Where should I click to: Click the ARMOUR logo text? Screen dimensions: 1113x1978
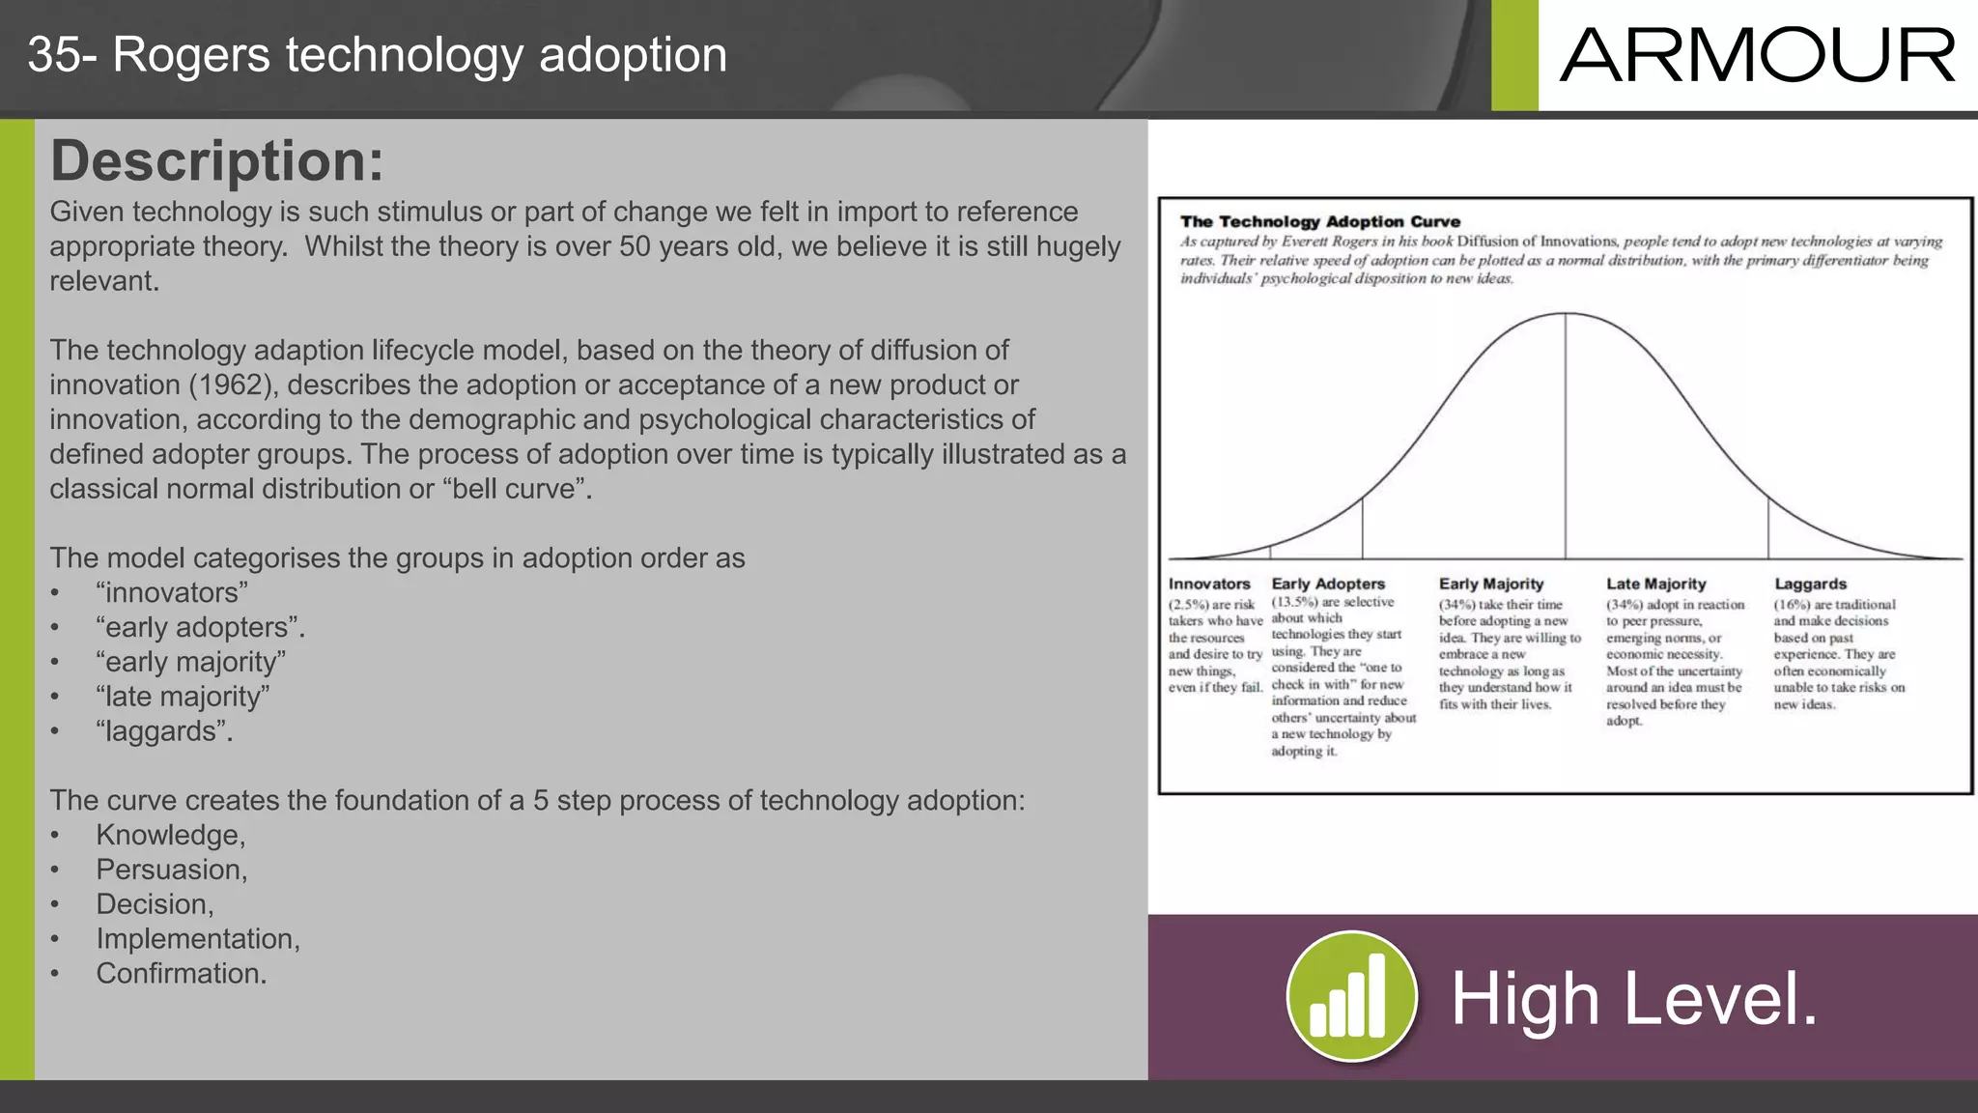click(x=1757, y=56)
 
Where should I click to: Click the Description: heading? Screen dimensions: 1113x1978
click(x=216, y=160)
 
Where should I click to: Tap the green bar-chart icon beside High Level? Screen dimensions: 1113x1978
click(x=1351, y=996)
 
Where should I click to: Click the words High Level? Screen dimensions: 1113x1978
click(x=1634, y=999)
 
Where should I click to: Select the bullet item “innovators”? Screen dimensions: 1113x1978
click(x=172, y=592)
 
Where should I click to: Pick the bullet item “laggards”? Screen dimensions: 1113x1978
click(x=164, y=731)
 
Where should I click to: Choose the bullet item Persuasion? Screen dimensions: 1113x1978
click(x=172, y=870)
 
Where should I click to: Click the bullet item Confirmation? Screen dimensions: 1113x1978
click(x=182, y=973)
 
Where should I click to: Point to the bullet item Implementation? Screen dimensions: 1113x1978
click(x=198, y=938)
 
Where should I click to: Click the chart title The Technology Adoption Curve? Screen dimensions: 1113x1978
click(x=1319, y=221)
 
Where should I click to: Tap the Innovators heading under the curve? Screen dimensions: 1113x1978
click(x=1209, y=584)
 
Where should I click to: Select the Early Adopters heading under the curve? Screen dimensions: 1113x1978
click(x=1328, y=584)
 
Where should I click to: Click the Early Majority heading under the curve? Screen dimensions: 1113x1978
click(x=1491, y=584)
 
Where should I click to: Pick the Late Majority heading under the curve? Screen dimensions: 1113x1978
click(x=1656, y=584)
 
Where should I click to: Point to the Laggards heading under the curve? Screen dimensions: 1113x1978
click(x=1810, y=584)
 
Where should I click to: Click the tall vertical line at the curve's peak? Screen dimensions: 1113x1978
click(x=1566, y=435)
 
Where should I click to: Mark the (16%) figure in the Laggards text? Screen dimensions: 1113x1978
click(x=1792, y=605)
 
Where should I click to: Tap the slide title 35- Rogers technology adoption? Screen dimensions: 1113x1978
click(x=377, y=55)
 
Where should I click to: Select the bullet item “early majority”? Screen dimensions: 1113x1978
click(x=191, y=662)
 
